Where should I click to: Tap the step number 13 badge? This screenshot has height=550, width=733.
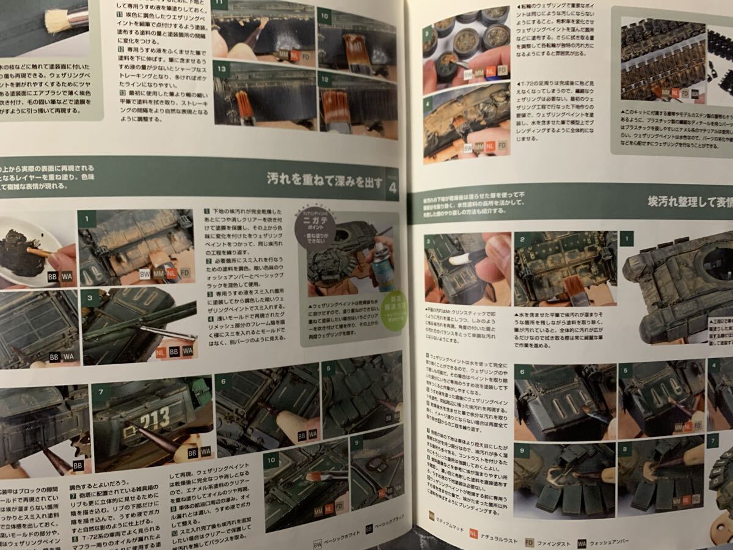pos(221,70)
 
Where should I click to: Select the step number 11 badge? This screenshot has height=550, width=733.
pos(218,5)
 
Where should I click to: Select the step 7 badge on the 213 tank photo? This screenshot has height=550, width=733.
pos(100,390)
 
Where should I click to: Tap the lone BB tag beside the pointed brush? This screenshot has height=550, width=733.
pos(78,466)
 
